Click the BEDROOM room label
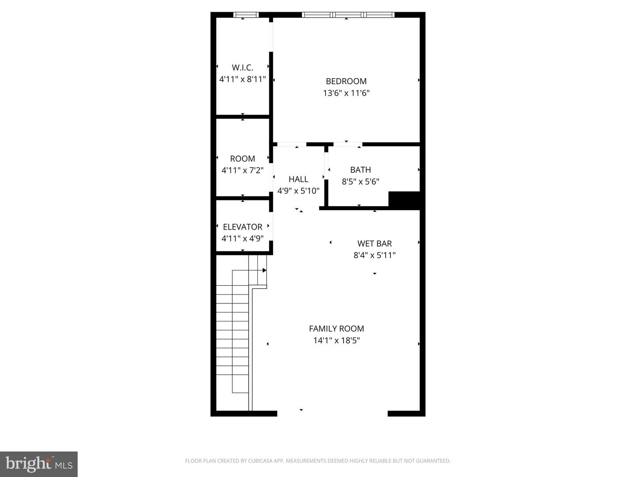tap(346, 81)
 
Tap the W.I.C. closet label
tap(242, 68)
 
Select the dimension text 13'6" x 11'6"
tap(346, 93)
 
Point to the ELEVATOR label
tap(242, 227)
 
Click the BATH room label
tap(360, 170)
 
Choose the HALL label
tap(298, 179)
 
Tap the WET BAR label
tap(375, 243)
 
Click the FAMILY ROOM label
tap(337, 329)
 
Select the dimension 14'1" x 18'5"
tap(337, 341)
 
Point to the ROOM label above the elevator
tap(242, 159)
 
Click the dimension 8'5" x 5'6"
tap(360, 182)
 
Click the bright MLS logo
tap(39, 464)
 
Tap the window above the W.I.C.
tap(246, 15)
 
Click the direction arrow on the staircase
tap(264, 270)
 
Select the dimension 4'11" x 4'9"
tap(242, 238)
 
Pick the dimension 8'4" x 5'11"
tap(375, 255)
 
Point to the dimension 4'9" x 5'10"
tap(298, 191)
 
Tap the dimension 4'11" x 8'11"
tap(242, 79)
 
